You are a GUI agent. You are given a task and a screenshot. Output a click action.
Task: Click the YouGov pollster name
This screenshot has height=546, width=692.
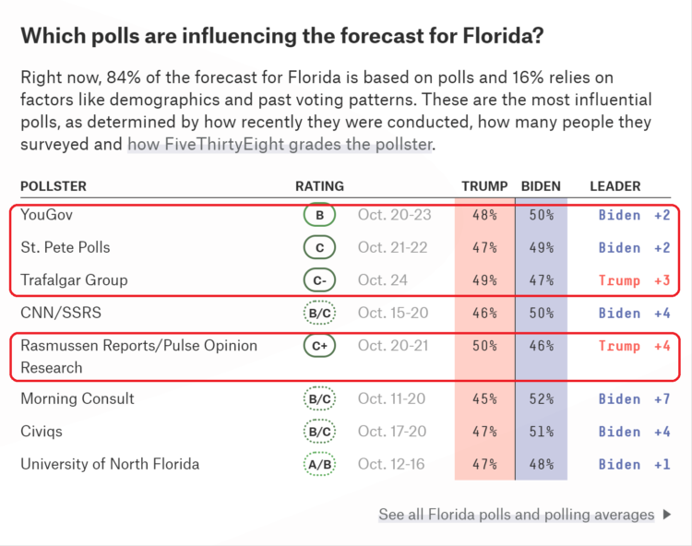click(x=47, y=215)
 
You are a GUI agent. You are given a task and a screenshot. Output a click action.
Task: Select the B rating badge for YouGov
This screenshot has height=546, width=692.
click(x=319, y=215)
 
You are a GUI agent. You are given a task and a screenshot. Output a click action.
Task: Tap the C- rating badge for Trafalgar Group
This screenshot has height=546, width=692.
click(x=319, y=280)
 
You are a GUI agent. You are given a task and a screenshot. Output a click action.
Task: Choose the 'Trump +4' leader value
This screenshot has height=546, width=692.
click(x=634, y=346)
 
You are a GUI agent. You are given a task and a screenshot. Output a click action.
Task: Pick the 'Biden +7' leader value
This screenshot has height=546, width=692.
click(x=634, y=399)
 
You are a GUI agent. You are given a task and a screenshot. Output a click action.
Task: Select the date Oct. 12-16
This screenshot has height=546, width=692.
click(x=391, y=465)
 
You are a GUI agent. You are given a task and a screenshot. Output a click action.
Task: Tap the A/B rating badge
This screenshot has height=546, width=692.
click(x=319, y=465)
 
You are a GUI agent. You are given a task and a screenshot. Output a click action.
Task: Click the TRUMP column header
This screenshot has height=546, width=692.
click(x=484, y=186)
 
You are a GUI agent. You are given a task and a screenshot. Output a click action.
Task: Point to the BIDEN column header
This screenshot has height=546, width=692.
click(x=541, y=186)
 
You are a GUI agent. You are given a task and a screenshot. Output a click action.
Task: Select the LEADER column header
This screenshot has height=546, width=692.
click(x=614, y=186)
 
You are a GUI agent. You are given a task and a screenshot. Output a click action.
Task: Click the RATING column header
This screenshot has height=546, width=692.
click(x=319, y=186)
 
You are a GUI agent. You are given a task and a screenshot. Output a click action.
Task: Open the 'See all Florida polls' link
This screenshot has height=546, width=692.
click(x=517, y=515)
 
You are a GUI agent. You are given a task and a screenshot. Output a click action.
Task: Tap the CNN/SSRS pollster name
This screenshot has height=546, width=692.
click(x=61, y=314)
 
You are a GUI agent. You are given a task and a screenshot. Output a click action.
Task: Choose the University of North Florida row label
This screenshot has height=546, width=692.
click(x=110, y=465)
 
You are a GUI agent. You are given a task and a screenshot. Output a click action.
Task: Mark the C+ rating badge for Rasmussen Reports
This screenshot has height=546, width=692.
click(x=319, y=346)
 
